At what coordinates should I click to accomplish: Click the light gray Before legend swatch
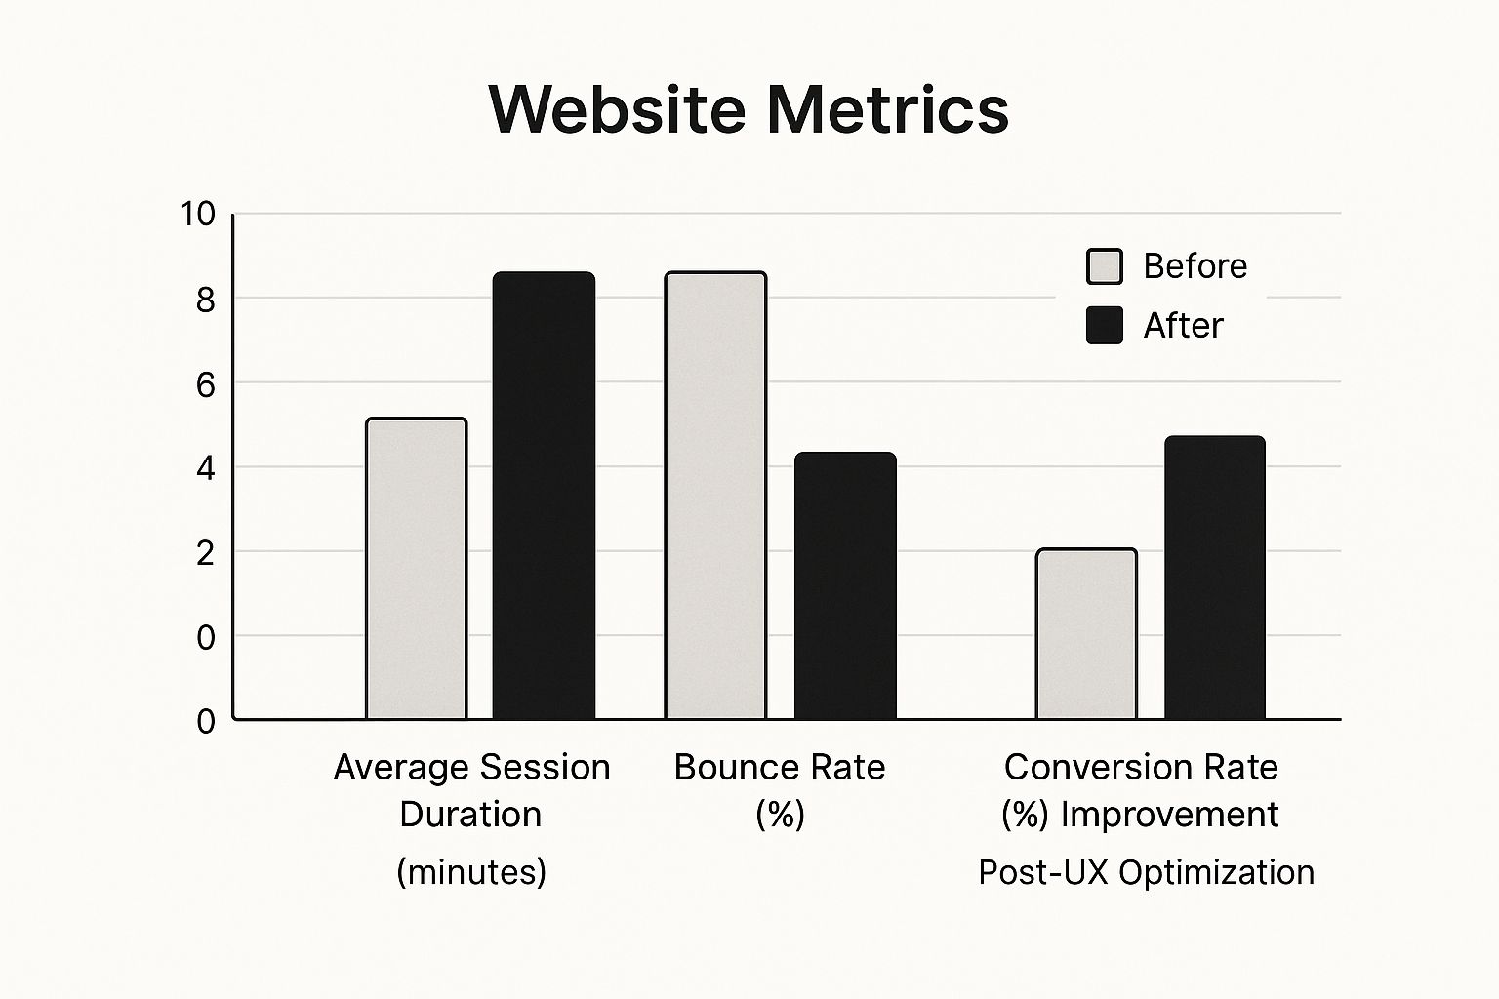1105,266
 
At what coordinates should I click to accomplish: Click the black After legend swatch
1105,325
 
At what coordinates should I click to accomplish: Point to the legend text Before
1195,266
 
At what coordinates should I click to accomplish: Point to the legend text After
1183,325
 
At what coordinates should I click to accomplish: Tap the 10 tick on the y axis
197,215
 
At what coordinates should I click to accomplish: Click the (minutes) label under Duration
471,871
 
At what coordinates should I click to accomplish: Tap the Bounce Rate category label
780,768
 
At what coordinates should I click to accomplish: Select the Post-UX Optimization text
1146,871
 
